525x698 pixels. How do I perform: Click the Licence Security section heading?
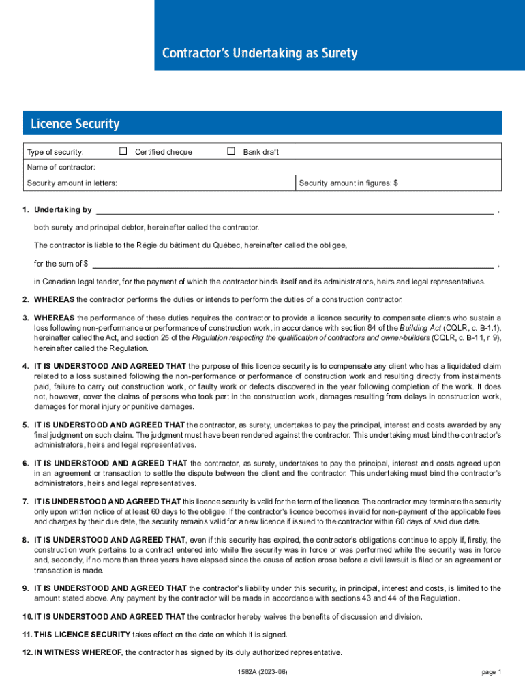[75, 124]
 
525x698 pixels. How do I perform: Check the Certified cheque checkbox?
[123, 151]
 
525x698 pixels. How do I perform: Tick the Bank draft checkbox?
[231, 151]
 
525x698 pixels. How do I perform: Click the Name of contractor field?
[273, 167]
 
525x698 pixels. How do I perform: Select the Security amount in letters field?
[205, 183]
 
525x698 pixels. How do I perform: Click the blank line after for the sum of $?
[292, 264]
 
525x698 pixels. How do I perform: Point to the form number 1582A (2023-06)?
[262, 672]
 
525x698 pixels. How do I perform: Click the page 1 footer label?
[491, 672]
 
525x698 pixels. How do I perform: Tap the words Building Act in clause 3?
[420, 327]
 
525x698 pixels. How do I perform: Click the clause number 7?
[25, 502]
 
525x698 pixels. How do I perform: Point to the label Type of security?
[55, 152]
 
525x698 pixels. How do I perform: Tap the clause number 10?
[27, 617]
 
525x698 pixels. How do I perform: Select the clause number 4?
[25, 367]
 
